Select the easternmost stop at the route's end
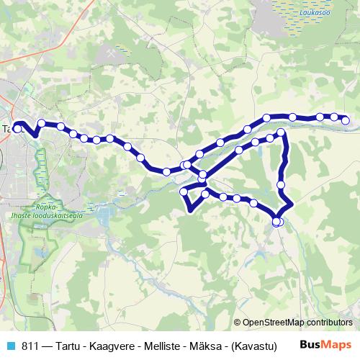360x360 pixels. pyautogui.click(x=346, y=120)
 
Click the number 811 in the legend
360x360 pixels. pyautogui.click(x=31, y=346)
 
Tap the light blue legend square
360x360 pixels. pyautogui.click(x=10, y=346)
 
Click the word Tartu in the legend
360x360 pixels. pyautogui.click(x=70, y=346)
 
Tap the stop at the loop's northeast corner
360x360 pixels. pyautogui.click(x=282, y=133)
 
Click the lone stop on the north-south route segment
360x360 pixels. pyautogui.click(x=282, y=184)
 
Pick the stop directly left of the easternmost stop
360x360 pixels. pyautogui.click(x=334, y=117)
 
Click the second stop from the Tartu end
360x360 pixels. pyautogui.click(x=42, y=123)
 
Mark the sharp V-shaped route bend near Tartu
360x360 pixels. pyautogui.click(x=32, y=135)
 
